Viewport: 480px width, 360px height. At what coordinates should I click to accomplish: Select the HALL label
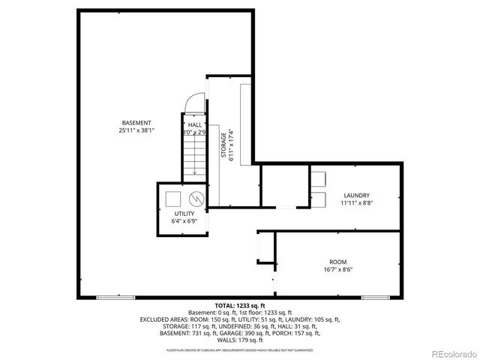pyautogui.click(x=194, y=124)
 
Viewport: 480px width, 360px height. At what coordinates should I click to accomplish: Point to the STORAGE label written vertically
pyautogui.click(x=223, y=145)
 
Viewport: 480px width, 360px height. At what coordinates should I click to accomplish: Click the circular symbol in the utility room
pyautogui.click(x=196, y=199)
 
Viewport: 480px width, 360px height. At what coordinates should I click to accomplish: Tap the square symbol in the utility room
pyautogui.click(x=173, y=199)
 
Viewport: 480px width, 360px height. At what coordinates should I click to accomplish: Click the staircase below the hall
pyautogui.click(x=194, y=157)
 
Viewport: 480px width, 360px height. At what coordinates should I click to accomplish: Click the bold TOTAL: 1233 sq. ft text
pyautogui.click(x=240, y=306)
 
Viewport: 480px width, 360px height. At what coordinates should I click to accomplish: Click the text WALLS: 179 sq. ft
pyautogui.click(x=240, y=339)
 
